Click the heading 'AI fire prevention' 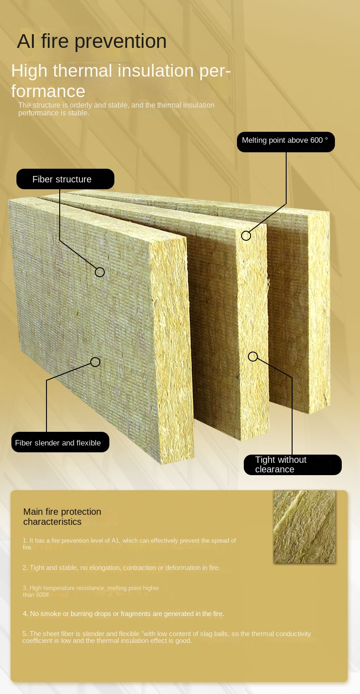coord(92,41)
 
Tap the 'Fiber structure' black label coord(65,179)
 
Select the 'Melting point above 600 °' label coord(285,141)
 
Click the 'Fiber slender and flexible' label coord(60,443)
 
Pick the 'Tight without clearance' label coord(292,465)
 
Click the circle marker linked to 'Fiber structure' coord(100,272)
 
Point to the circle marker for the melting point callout coord(246,236)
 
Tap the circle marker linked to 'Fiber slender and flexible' coord(95,362)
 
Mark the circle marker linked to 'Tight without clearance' coord(253,357)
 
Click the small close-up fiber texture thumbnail coord(304,527)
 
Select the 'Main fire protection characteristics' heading coord(62,517)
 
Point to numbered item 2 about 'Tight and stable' coord(121,568)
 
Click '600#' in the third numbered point coord(42,595)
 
